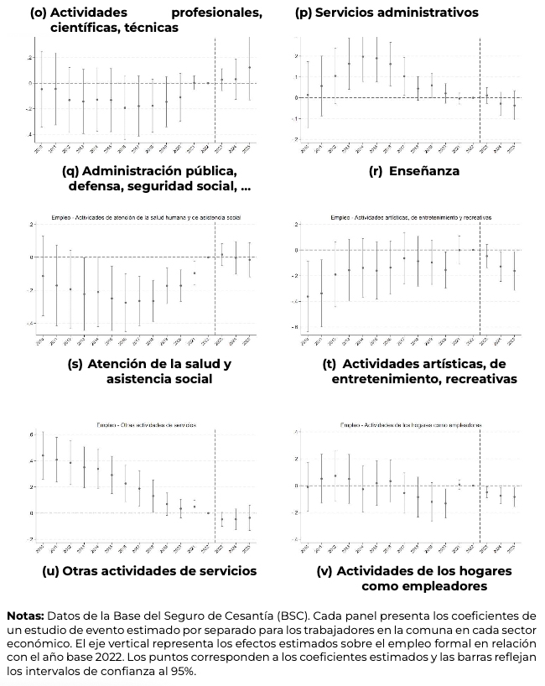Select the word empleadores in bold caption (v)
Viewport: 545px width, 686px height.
pos(430,586)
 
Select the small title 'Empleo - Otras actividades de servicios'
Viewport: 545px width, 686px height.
pos(148,424)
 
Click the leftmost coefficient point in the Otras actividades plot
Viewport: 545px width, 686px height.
pos(43,456)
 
